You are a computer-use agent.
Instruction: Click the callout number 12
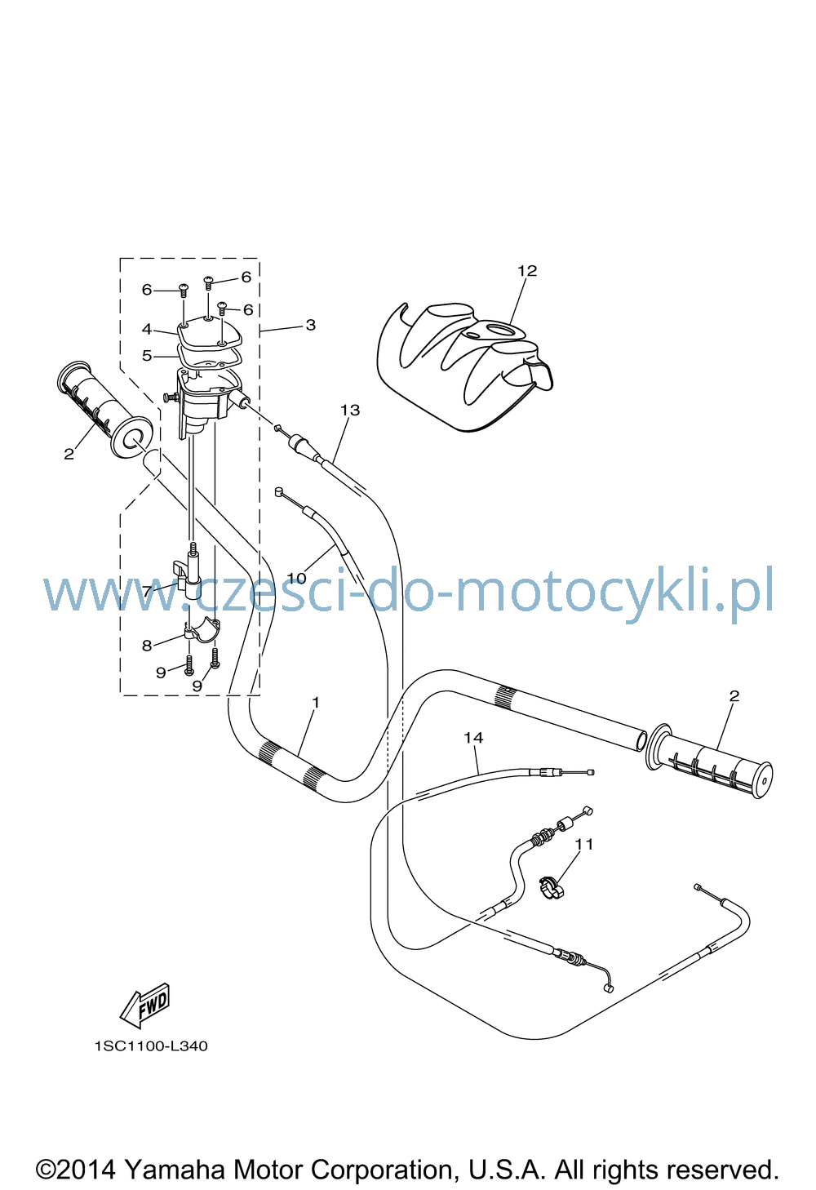(527, 271)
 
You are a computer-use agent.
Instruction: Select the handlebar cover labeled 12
(465, 366)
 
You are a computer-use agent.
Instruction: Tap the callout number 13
(350, 410)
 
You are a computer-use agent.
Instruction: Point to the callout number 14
(473, 737)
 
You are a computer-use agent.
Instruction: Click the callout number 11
(583, 844)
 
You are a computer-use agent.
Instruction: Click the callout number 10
(296, 578)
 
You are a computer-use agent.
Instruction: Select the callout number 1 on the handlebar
(316, 703)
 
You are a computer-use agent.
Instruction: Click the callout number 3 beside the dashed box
(311, 325)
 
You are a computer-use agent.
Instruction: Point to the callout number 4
(147, 330)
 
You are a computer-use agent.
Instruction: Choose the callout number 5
(147, 355)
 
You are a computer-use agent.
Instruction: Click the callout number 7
(147, 591)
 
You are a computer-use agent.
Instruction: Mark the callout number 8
(147, 646)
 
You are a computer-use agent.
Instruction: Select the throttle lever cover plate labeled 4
(209, 333)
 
